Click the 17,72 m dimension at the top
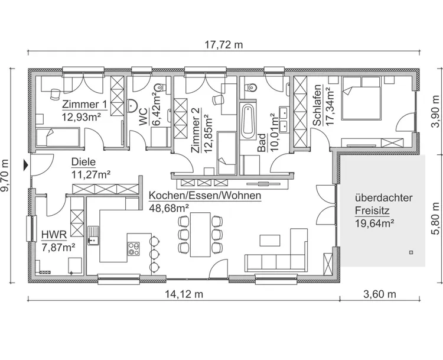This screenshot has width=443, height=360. click(x=223, y=44)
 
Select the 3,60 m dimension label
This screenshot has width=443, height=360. click(x=380, y=294)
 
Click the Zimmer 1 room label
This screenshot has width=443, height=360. click(x=84, y=105)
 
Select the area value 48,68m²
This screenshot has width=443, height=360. click(x=169, y=208)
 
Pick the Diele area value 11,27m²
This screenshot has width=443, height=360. click(x=90, y=174)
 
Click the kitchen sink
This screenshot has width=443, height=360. click(x=93, y=235)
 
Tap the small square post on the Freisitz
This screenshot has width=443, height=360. click(x=409, y=252)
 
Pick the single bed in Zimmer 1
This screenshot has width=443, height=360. click(x=56, y=138)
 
